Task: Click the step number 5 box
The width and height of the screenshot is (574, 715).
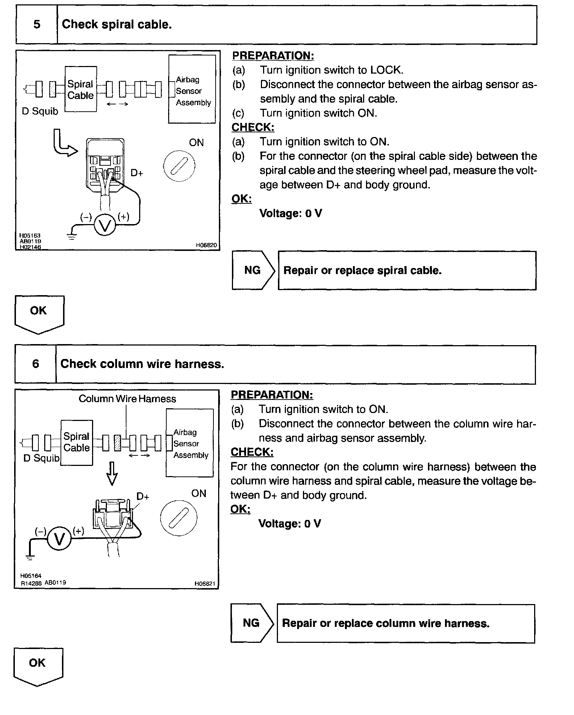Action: (37, 25)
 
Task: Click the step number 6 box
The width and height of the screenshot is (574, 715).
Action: (36, 364)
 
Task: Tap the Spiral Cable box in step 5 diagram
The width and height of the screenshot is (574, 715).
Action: (80, 89)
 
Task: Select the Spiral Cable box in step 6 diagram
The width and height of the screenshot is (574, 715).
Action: (76, 442)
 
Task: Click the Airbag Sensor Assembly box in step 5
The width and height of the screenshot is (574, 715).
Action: (192, 90)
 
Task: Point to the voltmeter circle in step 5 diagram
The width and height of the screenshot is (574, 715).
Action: (105, 226)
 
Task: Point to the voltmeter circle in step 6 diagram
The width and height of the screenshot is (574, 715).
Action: (59, 539)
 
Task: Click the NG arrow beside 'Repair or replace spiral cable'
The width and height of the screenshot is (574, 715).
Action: (253, 270)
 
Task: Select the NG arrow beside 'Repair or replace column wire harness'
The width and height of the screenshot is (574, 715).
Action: (251, 623)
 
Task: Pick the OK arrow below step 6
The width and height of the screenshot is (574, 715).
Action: (38, 665)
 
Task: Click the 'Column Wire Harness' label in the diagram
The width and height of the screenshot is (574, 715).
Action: (127, 399)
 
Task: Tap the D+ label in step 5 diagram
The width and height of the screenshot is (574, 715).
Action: (137, 173)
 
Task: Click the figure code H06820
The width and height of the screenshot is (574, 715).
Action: (206, 245)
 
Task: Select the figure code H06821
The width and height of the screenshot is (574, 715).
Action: (205, 583)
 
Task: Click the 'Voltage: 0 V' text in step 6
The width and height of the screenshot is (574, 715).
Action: (289, 524)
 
